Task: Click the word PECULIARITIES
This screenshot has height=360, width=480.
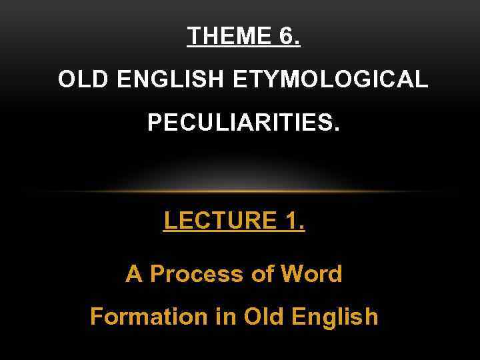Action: point(243,123)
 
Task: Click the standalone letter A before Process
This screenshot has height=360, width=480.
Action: point(134,273)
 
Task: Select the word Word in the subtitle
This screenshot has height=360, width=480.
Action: point(313,273)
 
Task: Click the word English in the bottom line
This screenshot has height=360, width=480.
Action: point(335,316)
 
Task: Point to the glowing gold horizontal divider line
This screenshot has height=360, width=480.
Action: point(240,192)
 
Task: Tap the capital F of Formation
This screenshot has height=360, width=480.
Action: point(96,316)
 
